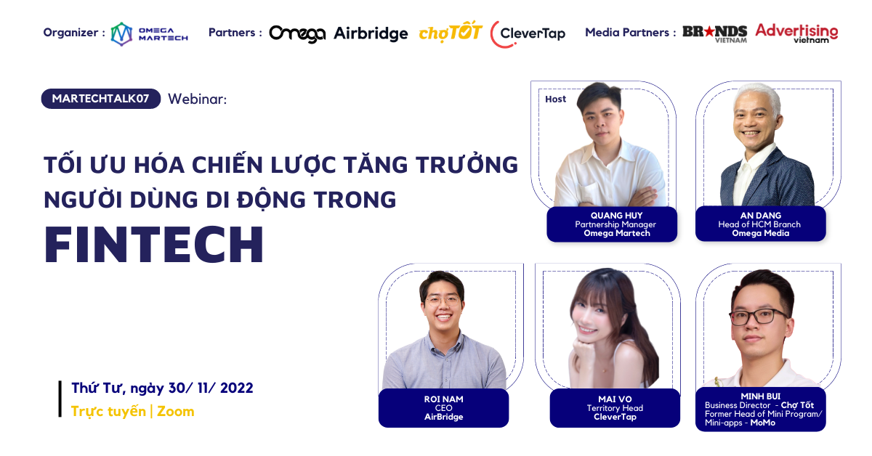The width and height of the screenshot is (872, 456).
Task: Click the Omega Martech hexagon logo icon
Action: click(121, 34)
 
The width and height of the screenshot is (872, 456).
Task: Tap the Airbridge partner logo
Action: click(371, 34)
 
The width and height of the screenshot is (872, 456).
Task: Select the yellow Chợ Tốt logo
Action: click(451, 31)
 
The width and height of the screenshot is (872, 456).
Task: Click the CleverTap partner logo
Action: click(528, 34)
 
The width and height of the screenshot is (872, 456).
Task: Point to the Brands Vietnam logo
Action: click(715, 34)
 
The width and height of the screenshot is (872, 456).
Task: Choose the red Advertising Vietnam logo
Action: click(796, 33)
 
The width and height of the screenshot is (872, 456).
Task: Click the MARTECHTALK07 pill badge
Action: click(101, 99)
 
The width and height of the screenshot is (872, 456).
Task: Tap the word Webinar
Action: click(197, 99)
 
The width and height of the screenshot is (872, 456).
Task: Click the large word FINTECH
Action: click(154, 245)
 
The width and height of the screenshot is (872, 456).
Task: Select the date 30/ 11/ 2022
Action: click(211, 388)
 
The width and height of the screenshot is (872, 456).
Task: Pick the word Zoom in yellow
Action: click(176, 411)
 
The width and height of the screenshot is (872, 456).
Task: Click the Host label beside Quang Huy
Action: click(555, 99)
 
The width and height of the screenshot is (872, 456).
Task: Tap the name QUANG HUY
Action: click(617, 216)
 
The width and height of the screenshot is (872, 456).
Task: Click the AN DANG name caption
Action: click(761, 216)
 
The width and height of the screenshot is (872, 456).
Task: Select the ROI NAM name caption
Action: click(444, 399)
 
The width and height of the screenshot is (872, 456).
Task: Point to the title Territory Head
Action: click(615, 408)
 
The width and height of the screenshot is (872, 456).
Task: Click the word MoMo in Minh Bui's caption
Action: click(762, 423)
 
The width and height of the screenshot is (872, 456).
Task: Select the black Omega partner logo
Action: click(297, 34)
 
